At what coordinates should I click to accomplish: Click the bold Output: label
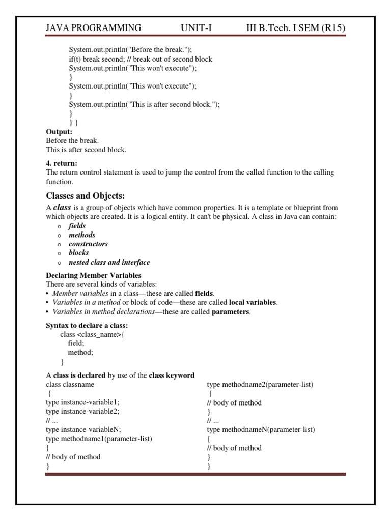[x=59, y=132]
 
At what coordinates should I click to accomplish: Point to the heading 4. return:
[x=62, y=164]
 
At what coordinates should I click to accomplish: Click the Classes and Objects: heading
[x=86, y=196]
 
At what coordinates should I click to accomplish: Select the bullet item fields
[x=77, y=226]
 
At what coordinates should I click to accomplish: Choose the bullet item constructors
[x=88, y=244]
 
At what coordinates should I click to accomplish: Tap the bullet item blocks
[x=79, y=253]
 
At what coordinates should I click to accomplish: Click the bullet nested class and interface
[x=109, y=263]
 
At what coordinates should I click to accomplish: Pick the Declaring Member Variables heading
[x=94, y=275]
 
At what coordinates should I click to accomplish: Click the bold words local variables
[x=253, y=302]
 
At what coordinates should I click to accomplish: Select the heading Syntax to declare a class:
[x=87, y=325]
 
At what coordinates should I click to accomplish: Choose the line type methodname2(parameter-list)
[x=260, y=384]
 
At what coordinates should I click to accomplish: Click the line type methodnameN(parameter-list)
[x=261, y=429]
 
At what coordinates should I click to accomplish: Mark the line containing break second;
[x=141, y=59]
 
